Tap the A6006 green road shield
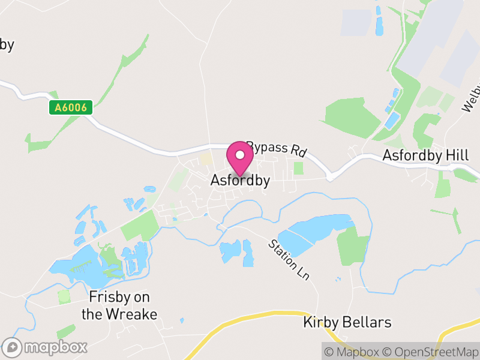pos(71,108)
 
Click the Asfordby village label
pos(240,180)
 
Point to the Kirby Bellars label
pos(347,323)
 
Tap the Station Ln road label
pos(289,260)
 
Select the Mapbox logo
pos(46,347)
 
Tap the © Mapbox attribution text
pos(353,352)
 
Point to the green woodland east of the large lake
pos(353,245)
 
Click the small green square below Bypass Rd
pos(298,168)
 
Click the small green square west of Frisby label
pos(64,296)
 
